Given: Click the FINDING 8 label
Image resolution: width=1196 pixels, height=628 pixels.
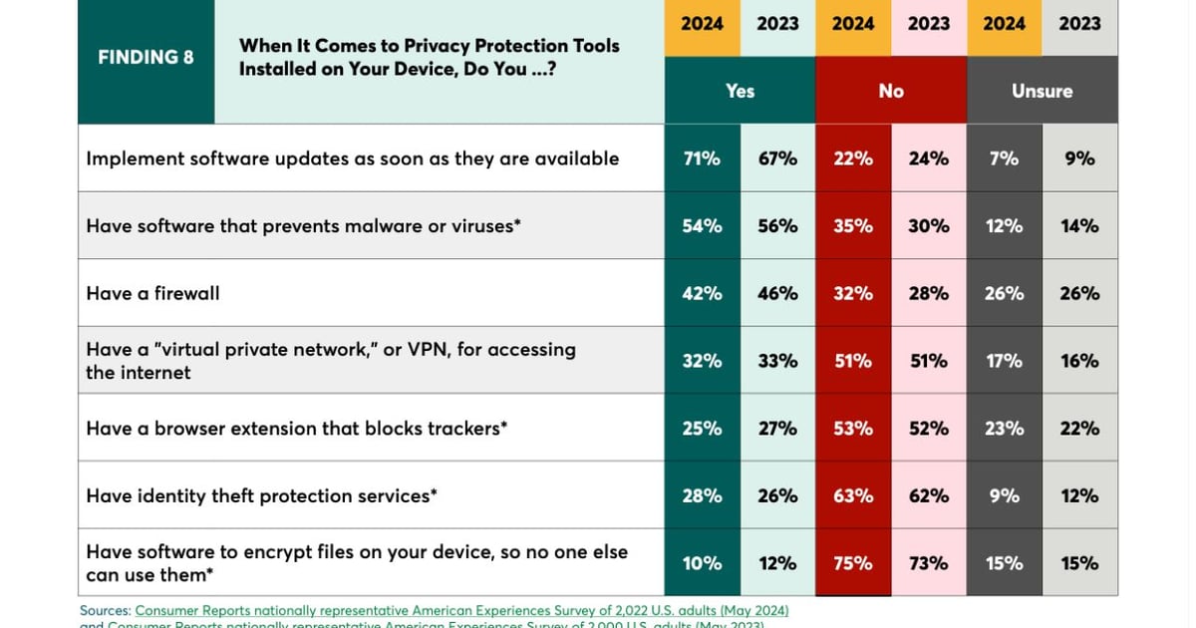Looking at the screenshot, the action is (x=146, y=57).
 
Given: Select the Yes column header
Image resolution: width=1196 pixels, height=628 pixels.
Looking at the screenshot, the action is (x=740, y=91).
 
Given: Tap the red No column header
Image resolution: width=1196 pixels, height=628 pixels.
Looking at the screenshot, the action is (x=891, y=91).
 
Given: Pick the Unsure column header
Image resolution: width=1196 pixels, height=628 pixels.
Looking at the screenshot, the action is (x=1042, y=91).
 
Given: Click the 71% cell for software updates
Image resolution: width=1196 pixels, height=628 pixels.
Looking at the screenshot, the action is (x=702, y=158).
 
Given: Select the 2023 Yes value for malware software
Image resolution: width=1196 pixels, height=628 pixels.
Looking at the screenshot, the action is (x=777, y=226).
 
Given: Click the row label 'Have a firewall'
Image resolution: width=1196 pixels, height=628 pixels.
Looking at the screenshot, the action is (x=152, y=293).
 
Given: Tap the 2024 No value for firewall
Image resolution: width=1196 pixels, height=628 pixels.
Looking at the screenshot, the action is (x=853, y=293).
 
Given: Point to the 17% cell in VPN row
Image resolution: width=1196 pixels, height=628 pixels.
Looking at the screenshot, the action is (x=1004, y=361).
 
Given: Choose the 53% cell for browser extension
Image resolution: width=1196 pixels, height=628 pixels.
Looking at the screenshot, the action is (x=853, y=429).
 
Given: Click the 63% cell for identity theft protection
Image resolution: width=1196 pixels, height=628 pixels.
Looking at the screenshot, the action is (x=853, y=495).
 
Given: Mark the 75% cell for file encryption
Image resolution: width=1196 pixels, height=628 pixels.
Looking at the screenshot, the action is (x=853, y=563).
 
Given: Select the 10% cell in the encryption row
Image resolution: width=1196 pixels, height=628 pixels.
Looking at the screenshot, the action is (x=702, y=563).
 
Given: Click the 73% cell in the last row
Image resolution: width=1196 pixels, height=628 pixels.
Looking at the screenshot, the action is (x=929, y=563).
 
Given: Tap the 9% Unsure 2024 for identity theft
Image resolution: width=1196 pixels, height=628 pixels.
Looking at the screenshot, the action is (x=1004, y=495).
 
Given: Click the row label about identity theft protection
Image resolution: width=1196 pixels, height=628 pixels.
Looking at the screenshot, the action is (x=261, y=495).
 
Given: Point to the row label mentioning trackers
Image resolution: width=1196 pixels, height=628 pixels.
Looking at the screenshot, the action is (x=297, y=429).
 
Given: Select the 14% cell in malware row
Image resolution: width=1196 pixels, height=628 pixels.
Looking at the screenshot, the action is (x=1079, y=226).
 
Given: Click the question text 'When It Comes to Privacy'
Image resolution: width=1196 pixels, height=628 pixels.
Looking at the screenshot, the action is (x=429, y=46).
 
